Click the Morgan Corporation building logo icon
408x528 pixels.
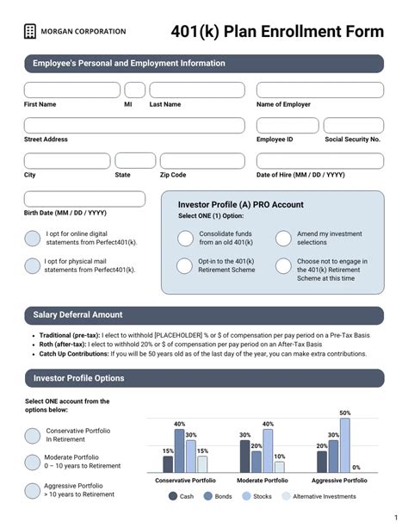coord(31,32)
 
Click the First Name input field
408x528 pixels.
coord(72,90)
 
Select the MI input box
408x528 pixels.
coord(135,90)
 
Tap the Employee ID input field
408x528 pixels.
coord(287,126)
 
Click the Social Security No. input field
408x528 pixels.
coord(354,126)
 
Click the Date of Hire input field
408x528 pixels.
coord(319,161)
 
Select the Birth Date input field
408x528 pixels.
coord(84,199)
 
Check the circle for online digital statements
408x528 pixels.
coord(32,239)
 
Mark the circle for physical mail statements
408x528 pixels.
coord(32,266)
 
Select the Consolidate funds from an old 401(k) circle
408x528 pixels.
coord(184,239)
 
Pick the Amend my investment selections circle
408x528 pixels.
coord(283,239)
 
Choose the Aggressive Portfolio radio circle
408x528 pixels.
coord(32,490)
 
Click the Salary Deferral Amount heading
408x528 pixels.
coord(77,315)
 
